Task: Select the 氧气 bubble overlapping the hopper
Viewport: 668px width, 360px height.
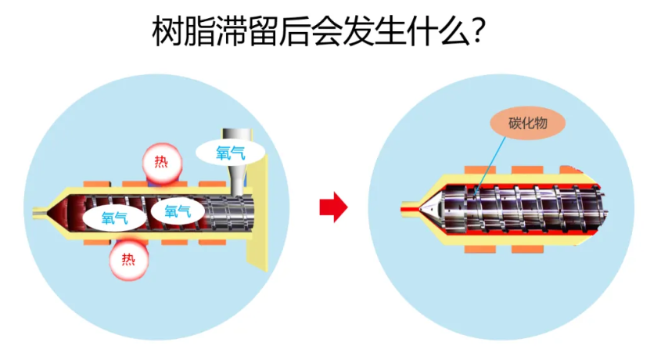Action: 231,152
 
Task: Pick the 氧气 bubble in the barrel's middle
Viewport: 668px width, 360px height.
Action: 178,209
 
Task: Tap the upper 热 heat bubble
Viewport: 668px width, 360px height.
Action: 161,163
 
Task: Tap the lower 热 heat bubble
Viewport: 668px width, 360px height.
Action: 128,259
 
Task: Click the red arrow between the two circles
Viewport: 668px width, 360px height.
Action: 332,207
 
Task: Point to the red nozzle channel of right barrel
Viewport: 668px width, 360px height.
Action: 408,209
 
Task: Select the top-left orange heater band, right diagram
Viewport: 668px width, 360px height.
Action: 477,170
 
